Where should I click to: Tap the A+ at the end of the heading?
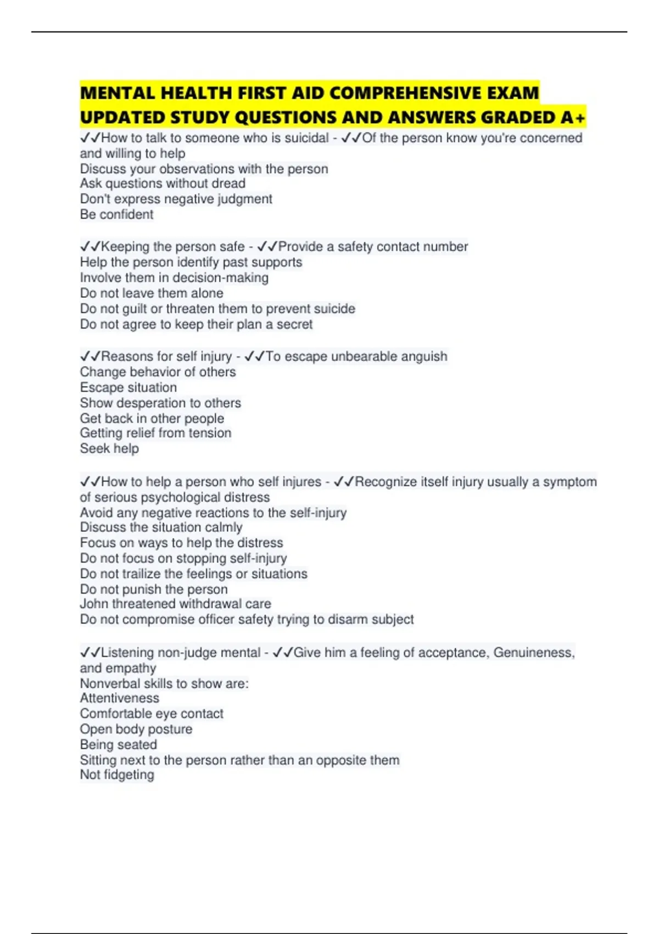[573, 118]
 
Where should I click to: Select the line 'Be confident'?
[116, 214]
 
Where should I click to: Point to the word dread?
[228, 184]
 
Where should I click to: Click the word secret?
[294, 324]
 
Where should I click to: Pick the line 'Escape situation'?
[129, 387]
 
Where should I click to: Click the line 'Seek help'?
[109, 449]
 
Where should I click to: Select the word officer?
[219, 620]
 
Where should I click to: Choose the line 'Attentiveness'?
[120, 698]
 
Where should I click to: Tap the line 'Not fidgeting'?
[117, 775]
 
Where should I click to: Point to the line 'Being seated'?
[119, 745]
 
